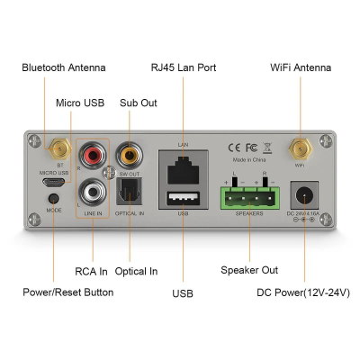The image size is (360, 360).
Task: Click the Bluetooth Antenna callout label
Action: (63, 67)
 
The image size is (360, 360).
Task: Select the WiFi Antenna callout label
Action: (301, 67)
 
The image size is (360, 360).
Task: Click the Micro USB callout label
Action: (80, 103)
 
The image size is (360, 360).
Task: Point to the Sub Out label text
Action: (138, 103)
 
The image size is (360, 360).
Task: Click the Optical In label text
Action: (136, 270)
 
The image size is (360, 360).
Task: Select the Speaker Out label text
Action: (249, 270)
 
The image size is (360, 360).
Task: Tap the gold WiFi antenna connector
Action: (298, 148)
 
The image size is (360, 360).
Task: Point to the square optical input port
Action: (131, 189)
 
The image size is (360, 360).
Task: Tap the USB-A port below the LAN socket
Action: (183, 198)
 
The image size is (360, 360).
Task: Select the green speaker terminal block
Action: (249, 195)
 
